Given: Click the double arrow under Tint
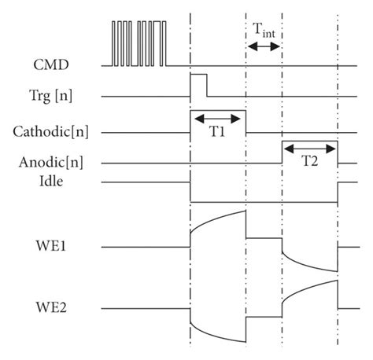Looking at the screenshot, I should click(264, 47).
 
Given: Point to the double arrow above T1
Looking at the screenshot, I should click(219, 118).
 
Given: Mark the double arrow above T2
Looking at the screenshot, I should click(309, 147).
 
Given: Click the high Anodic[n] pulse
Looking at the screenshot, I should click(309, 142).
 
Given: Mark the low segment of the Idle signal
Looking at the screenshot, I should click(264, 200).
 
